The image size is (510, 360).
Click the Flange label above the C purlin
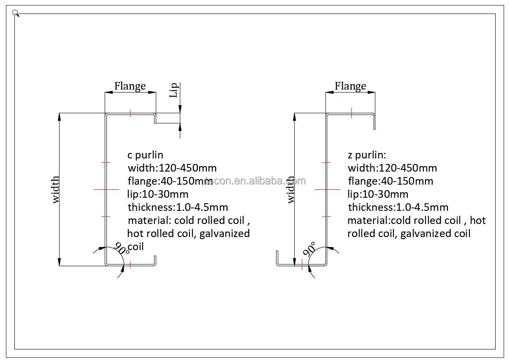coord(130,86)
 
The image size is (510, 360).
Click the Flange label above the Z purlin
coord(350,86)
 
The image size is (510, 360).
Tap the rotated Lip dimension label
coord(174,90)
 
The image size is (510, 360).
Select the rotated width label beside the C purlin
coord(55,190)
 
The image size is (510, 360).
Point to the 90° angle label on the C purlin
coord(122,248)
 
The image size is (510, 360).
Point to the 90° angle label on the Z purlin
coord(309,249)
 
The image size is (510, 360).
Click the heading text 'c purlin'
coord(145,155)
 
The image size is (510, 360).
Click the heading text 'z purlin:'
coord(367,155)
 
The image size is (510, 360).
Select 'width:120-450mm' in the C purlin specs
coord(172,168)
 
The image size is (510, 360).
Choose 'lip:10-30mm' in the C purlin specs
coord(158,194)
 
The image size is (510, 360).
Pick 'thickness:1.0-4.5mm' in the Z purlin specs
coord(398,207)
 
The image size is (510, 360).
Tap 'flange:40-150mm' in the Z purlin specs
coord(391,181)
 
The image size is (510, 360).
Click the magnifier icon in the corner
coord(16,13)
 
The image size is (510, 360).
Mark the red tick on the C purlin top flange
coord(130,113)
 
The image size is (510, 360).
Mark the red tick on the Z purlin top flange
coord(352,113)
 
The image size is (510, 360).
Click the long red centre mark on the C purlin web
coord(106,189)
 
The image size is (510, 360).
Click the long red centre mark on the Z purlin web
coord(327,189)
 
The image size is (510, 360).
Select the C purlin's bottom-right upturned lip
coord(155,260)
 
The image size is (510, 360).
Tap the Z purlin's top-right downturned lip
coord(374,122)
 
